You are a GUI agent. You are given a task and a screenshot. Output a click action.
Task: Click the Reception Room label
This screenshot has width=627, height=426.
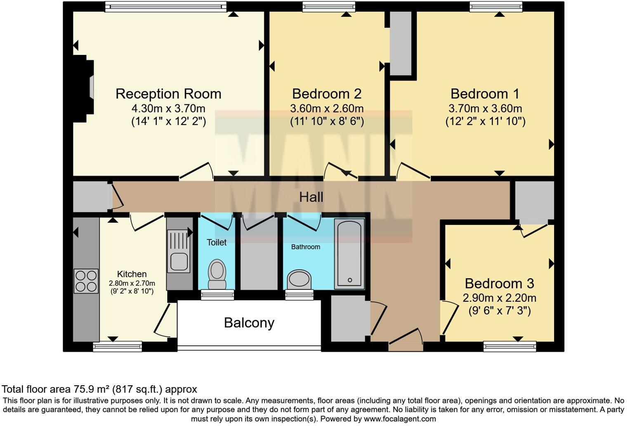point(168,94)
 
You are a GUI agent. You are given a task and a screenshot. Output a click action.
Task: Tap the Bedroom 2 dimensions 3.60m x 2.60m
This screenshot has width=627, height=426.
point(327,109)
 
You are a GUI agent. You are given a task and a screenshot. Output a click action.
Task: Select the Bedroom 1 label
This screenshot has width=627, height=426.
point(485,94)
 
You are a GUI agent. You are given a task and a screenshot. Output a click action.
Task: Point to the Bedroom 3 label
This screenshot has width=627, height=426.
point(499,284)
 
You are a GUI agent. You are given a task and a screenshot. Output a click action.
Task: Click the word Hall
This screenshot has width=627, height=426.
point(311,197)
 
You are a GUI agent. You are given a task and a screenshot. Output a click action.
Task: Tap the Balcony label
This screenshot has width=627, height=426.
point(249,322)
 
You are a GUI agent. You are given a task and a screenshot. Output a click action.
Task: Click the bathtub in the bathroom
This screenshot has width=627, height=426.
point(349,253)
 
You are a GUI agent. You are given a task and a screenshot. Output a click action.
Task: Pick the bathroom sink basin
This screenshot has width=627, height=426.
point(299,279)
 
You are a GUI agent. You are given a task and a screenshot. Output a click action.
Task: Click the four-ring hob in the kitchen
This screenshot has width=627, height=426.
point(86,281)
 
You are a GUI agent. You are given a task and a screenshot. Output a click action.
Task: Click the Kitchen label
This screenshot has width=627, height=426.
point(132,274)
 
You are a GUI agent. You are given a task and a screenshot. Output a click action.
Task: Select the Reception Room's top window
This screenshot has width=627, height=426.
point(165,6)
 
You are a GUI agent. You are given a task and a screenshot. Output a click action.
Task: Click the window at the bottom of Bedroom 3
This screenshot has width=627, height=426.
point(509,346)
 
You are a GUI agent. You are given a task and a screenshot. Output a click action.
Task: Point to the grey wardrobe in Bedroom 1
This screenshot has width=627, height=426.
point(401,43)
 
